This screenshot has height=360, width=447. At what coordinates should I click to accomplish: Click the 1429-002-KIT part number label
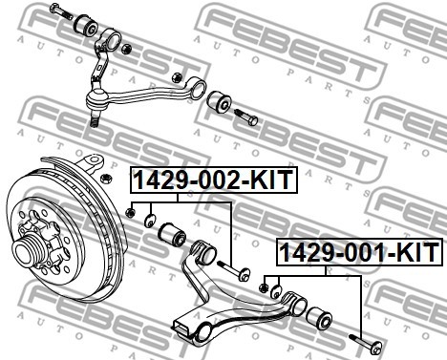(x=214, y=180)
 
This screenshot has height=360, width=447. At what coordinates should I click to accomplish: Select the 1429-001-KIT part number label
(x=359, y=252)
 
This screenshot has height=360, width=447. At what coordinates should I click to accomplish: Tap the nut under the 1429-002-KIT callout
(x=130, y=212)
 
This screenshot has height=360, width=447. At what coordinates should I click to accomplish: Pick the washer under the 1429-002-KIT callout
(x=150, y=221)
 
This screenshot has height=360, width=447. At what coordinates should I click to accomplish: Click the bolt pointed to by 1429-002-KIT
(x=233, y=270)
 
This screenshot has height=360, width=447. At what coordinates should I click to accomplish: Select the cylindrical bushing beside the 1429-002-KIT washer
(x=172, y=235)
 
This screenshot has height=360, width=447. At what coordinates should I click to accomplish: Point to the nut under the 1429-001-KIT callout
(x=264, y=288)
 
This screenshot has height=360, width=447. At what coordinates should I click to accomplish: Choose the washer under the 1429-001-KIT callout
(x=276, y=292)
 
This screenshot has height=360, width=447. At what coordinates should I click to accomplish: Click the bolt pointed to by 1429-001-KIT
(x=366, y=344)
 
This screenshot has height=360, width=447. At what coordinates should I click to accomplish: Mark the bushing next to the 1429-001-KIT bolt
(x=319, y=317)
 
